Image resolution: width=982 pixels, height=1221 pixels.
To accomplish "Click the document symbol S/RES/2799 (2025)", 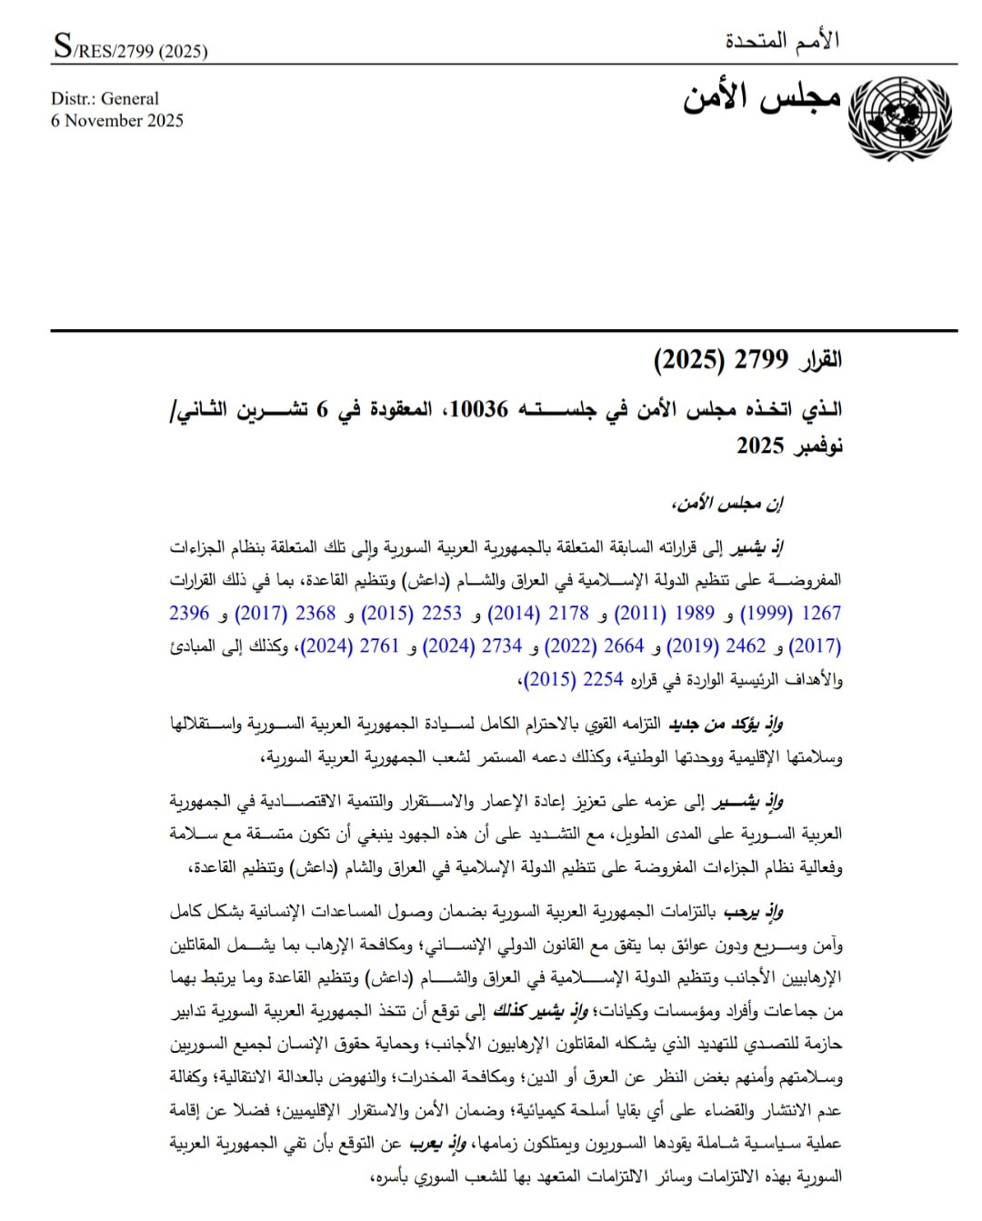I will pos(130,47).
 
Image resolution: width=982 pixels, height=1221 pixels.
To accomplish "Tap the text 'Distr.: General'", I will pos(105,98).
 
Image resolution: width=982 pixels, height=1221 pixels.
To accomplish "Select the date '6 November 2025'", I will pos(117,121).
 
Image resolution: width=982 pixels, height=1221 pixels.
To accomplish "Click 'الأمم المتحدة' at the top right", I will pos(782,41).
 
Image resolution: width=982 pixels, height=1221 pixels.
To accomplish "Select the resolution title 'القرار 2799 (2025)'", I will pos(747,360).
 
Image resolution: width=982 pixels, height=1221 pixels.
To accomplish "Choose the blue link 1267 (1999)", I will pos(790,614).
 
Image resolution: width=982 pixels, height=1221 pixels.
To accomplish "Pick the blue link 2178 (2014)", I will pos(539,614).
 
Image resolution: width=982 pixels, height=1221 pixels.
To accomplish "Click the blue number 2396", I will pos(189,614).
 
